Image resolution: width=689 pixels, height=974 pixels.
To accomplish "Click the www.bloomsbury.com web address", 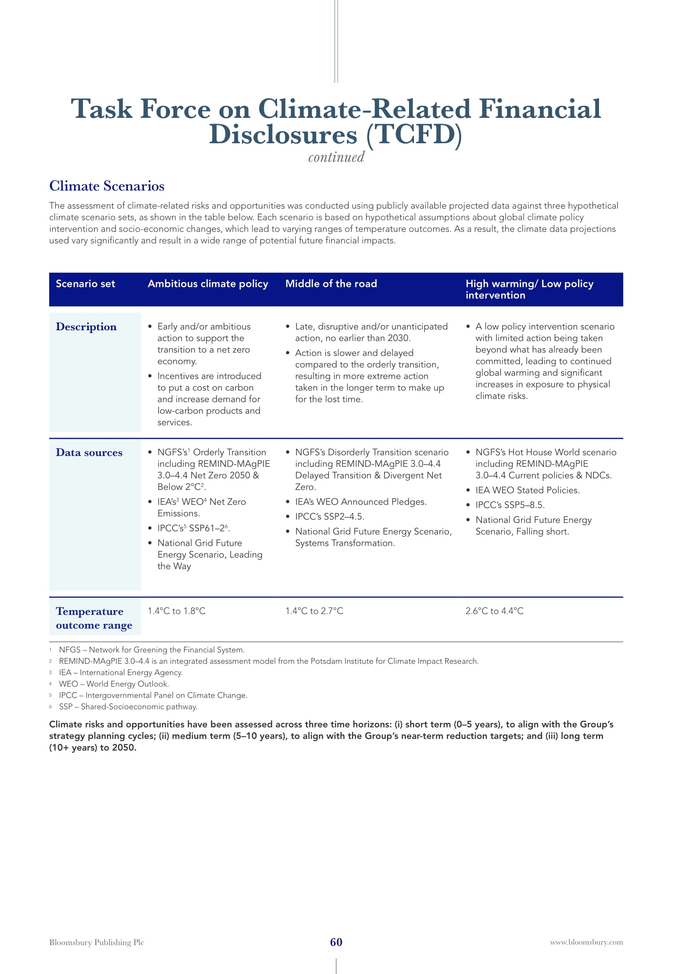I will [587, 942].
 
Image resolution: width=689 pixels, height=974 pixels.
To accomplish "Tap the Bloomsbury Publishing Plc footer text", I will [97, 942].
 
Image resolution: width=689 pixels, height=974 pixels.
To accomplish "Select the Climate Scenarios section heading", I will [107, 186].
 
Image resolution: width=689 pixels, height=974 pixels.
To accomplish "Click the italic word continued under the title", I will [336, 157].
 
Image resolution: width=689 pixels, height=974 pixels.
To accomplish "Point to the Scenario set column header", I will [85, 284].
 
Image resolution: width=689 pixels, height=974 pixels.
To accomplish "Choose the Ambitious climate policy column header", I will [208, 284].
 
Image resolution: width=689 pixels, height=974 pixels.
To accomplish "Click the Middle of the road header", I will [331, 284].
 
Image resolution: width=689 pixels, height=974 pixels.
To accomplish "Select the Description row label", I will [86, 326].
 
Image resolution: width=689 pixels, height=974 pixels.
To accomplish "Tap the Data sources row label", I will [89, 453].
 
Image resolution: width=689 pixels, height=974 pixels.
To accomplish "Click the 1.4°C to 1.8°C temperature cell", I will [177, 611].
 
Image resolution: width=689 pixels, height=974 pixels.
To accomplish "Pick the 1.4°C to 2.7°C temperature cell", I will [315, 611].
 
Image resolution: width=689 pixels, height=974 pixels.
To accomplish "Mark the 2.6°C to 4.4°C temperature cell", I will [495, 611].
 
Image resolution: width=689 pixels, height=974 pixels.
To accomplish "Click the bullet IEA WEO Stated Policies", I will [527, 491].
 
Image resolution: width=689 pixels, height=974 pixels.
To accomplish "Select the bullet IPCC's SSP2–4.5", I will [330, 517].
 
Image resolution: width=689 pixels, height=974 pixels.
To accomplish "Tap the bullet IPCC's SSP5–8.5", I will [510, 505].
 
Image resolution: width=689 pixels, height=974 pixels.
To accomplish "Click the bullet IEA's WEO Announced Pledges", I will [361, 502].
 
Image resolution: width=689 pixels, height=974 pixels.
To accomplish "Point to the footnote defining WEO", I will [114, 684].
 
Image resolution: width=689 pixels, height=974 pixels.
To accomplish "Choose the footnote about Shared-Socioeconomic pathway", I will [128, 707].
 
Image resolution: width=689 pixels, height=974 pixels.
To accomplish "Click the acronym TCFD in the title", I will [414, 135].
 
